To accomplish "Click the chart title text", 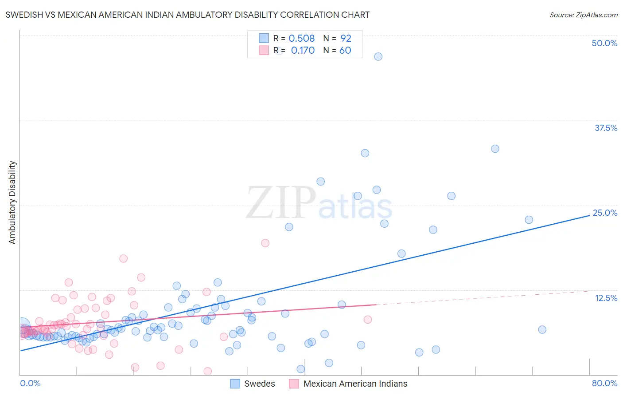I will (187, 15).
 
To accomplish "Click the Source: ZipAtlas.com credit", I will (583, 15).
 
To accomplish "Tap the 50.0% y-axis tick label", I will (604, 43).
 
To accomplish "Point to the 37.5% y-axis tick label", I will (606, 128).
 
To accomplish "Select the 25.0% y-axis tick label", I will (605, 213).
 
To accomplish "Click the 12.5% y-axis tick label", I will (606, 298).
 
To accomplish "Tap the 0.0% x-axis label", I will (30, 383).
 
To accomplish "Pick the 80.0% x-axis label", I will (604, 383).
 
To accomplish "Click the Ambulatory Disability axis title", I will (12, 202).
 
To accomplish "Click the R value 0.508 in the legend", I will (301, 38).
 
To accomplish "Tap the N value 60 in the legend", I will (345, 51).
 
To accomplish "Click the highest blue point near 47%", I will (378, 56).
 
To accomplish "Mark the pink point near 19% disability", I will (265, 243).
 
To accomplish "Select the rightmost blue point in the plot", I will (542, 329).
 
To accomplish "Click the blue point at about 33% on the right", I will (495, 149).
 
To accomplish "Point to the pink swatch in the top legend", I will (264, 50).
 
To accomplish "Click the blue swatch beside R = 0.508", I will (264, 38).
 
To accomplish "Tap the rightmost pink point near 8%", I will (367, 320).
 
